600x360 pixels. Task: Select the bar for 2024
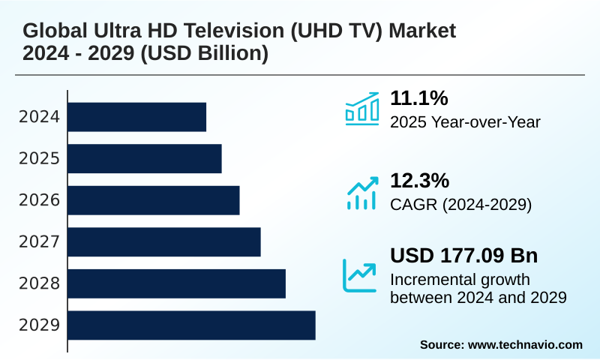[x=137, y=117]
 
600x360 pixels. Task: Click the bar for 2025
[x=145, y=158]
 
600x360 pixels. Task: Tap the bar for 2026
[x=154, y=200]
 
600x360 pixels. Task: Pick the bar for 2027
[x=164, y=241]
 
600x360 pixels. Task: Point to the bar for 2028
[x=177, y=283]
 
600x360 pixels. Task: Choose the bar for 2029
[x=192, y=325]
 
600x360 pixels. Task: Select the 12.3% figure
[x=419, y=181]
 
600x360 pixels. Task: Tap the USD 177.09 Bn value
[x=463, y=256]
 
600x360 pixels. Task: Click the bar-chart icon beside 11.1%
[x=361, y=108]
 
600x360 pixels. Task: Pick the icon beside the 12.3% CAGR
[x=361, y=193]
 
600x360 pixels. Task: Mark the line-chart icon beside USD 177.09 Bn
[x=360, y=274]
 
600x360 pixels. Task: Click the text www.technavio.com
[x=525, y=344]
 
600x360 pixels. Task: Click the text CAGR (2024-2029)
[x=460, y=204]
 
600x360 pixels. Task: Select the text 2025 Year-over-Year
[x=465, y=121]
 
